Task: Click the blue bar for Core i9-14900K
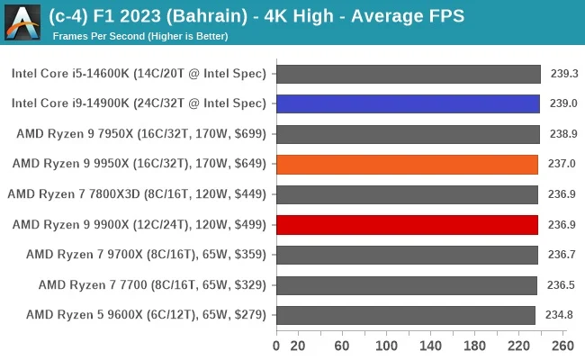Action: pyautogui.click(x=408, y=103)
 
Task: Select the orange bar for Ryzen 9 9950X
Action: pyautogui.click(x=407, y=164)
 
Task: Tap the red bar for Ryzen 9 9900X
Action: pyautogui.click(x=407, y=224)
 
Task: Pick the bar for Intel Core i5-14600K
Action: pyautogui.click(x=408, y=74)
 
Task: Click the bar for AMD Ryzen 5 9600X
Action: pyautogui.click(x=406, y=315)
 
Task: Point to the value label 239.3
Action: pyautogui.click(x=563, y=74)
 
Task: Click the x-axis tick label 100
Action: pyautogui.click(x=386, y=345)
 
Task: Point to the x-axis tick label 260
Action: pyautogui.click(x=562, y=345)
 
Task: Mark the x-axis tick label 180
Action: pyautogui.click(x=474, y=345)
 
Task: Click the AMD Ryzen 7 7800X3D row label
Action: pyautogui.click(x=137, y=194)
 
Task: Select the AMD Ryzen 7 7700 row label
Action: pyautogui.click(x=152, y=285)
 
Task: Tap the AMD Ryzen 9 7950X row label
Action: pyautogui.click(x=141, y=134)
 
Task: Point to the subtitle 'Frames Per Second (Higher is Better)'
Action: pyautogui.click(x=140, y=36)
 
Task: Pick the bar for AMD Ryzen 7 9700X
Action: pyautogui.click(x=407, y=255)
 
